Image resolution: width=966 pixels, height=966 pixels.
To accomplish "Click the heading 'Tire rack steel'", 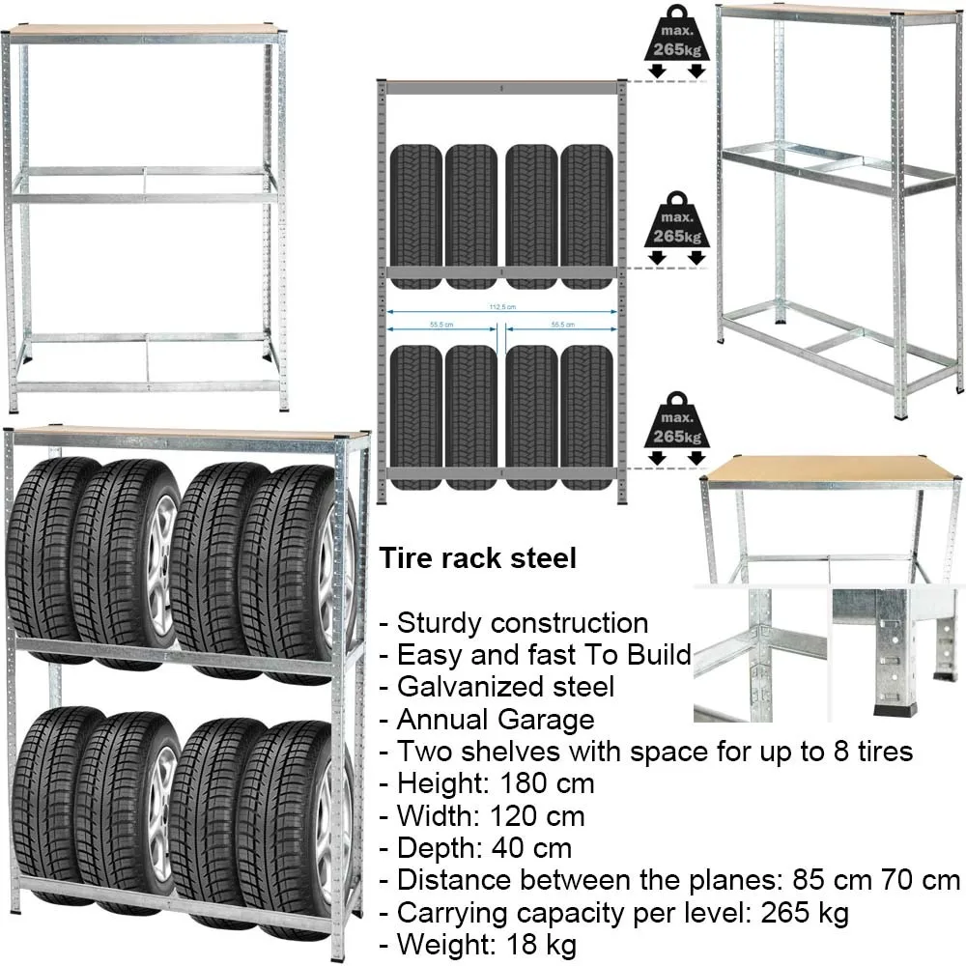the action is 477,558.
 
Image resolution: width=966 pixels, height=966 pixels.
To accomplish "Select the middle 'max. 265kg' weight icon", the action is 675,227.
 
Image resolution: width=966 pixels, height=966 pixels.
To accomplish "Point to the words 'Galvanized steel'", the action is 505,687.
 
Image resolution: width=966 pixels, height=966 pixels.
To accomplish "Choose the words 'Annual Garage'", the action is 496,720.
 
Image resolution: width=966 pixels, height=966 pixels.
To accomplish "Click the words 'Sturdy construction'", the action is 523,623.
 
